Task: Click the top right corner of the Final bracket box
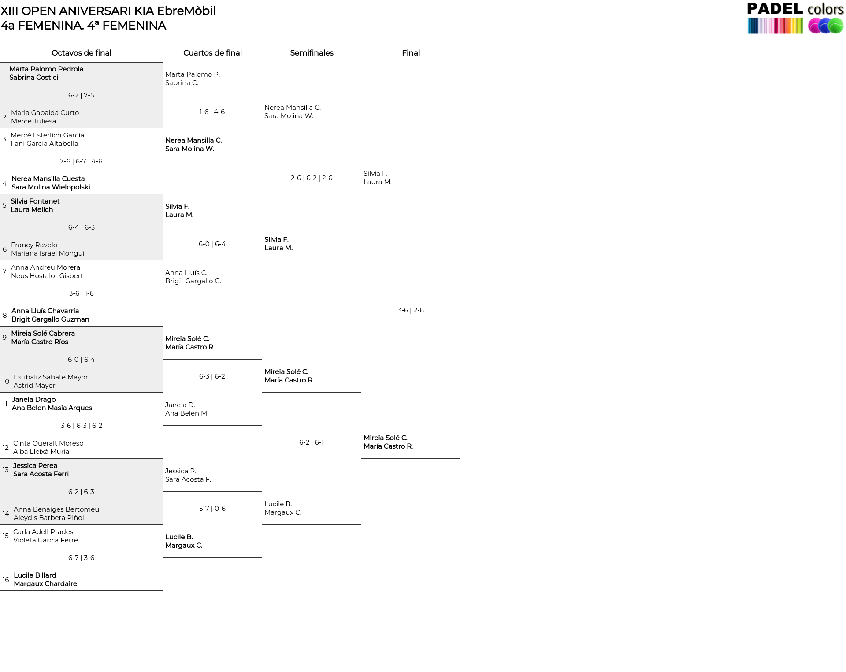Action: [x=460, y=194]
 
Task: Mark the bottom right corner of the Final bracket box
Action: [x=460, y=458]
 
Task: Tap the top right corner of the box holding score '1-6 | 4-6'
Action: [x=262, y=95]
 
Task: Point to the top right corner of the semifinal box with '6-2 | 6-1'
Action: [x=361, y=393]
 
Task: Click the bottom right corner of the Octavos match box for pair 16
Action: [x=163, y=590]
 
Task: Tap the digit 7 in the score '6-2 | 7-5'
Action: [x=85, y=95]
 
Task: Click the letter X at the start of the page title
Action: [x=4, y=11]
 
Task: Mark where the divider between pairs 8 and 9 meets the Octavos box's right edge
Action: [x=163, y=327]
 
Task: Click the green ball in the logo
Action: [x=835, y=26]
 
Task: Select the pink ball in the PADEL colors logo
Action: [x=815, y=26]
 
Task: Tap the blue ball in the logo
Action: [x=825, y=26]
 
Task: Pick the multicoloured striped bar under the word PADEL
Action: [x=775, y=26]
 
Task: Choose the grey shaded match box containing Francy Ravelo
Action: [x=82, y=227]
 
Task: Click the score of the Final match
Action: [x=411, y=310]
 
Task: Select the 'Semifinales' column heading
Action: [x=312, y=53]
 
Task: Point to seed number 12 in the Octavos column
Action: [x=6, y=448]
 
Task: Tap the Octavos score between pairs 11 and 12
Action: [x=82, y=426]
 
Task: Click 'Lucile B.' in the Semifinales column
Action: [x=278, y=504]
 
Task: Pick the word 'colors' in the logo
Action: [x=825, y=9]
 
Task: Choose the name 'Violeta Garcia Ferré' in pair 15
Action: [x=45, y=540]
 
